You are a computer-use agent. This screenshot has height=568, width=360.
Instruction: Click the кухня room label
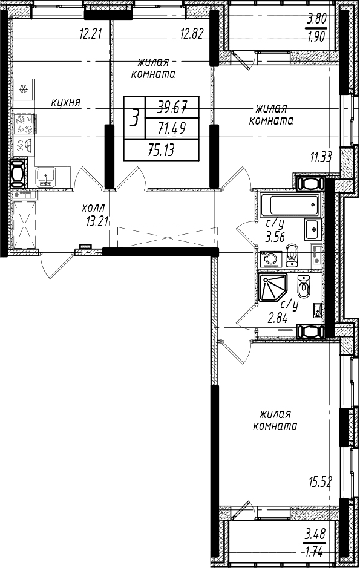(65, 103)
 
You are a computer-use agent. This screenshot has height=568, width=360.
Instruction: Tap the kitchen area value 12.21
(90, 34)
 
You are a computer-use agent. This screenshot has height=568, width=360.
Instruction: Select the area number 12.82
(192, 34)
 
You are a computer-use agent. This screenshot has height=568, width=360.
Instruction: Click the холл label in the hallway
(94, 208)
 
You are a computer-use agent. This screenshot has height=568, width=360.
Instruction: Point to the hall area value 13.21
(97, 221)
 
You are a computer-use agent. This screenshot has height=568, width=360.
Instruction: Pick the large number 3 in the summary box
(134, 118)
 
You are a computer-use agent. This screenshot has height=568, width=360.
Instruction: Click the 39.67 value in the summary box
(172, 106)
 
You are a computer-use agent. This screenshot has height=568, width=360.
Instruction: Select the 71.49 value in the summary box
(172, 128)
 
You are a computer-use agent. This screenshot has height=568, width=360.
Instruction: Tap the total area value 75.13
(161, 149)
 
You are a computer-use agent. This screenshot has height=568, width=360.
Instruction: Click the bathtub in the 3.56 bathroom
(290, 205)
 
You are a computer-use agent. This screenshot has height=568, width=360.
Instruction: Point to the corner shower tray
(273, 287)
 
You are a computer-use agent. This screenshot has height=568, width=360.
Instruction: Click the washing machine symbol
(269, 260)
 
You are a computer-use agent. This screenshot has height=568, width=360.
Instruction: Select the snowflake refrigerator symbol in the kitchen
(24, 88)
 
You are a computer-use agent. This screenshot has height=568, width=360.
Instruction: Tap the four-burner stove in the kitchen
(24, 124)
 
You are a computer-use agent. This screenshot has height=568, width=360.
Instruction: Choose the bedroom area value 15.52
(320, 482)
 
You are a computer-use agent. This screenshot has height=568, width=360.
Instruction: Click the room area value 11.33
(321, 157)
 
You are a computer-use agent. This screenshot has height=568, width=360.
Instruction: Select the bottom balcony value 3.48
(315, 534)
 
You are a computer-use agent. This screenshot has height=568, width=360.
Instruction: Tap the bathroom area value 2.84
(278, 318)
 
